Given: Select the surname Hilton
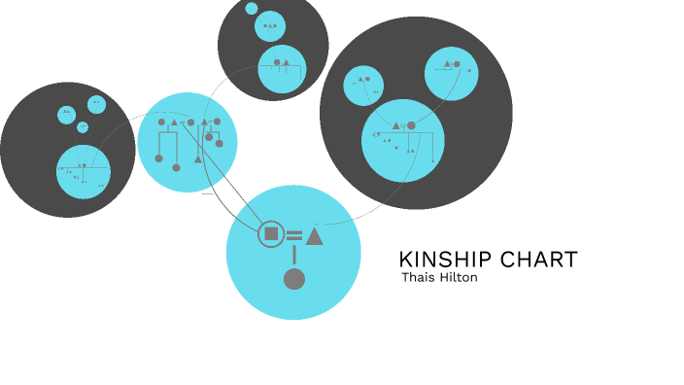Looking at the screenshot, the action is pyautogui.click(x=458, y=277).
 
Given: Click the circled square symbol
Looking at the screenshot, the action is pyautogui.click(x=271, y=234).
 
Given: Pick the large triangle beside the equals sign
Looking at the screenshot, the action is pyautogui.click(x=314, y=235).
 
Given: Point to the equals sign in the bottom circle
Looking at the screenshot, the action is pyautogui.click(x=293, y=235).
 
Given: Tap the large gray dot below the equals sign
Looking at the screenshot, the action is pyautogui.click(x=294, y=280).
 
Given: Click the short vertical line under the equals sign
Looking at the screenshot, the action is pyautogui.click(x=294, y=256).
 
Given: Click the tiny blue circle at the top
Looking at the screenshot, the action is pyautogui.click(x=252, y=9).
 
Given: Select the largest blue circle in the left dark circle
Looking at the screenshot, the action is pyautogui.click(x=84, y=171).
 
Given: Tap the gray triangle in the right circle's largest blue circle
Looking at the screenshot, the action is pyautogui.click(x=396, y=125).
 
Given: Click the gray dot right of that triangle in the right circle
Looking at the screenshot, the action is pyautogui.click(x=411, y=125).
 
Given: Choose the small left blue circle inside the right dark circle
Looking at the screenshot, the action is pyautogui.click(x=364, y=87).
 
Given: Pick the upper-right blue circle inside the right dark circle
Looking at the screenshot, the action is pyautogui.click(x=451, y=73).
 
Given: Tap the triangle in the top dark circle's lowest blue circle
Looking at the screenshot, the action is pyautogui.click(x=287, y=63).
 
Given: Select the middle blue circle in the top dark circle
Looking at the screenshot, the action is pyautogui.click(x=270, y=26).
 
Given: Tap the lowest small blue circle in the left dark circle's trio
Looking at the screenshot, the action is pyautogui.click(x=83, y=127).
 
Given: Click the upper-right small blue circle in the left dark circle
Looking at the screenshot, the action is pyautogui.click(x=96, y=104).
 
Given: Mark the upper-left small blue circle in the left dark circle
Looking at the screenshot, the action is pyautogui.click(x=66, y=115).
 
